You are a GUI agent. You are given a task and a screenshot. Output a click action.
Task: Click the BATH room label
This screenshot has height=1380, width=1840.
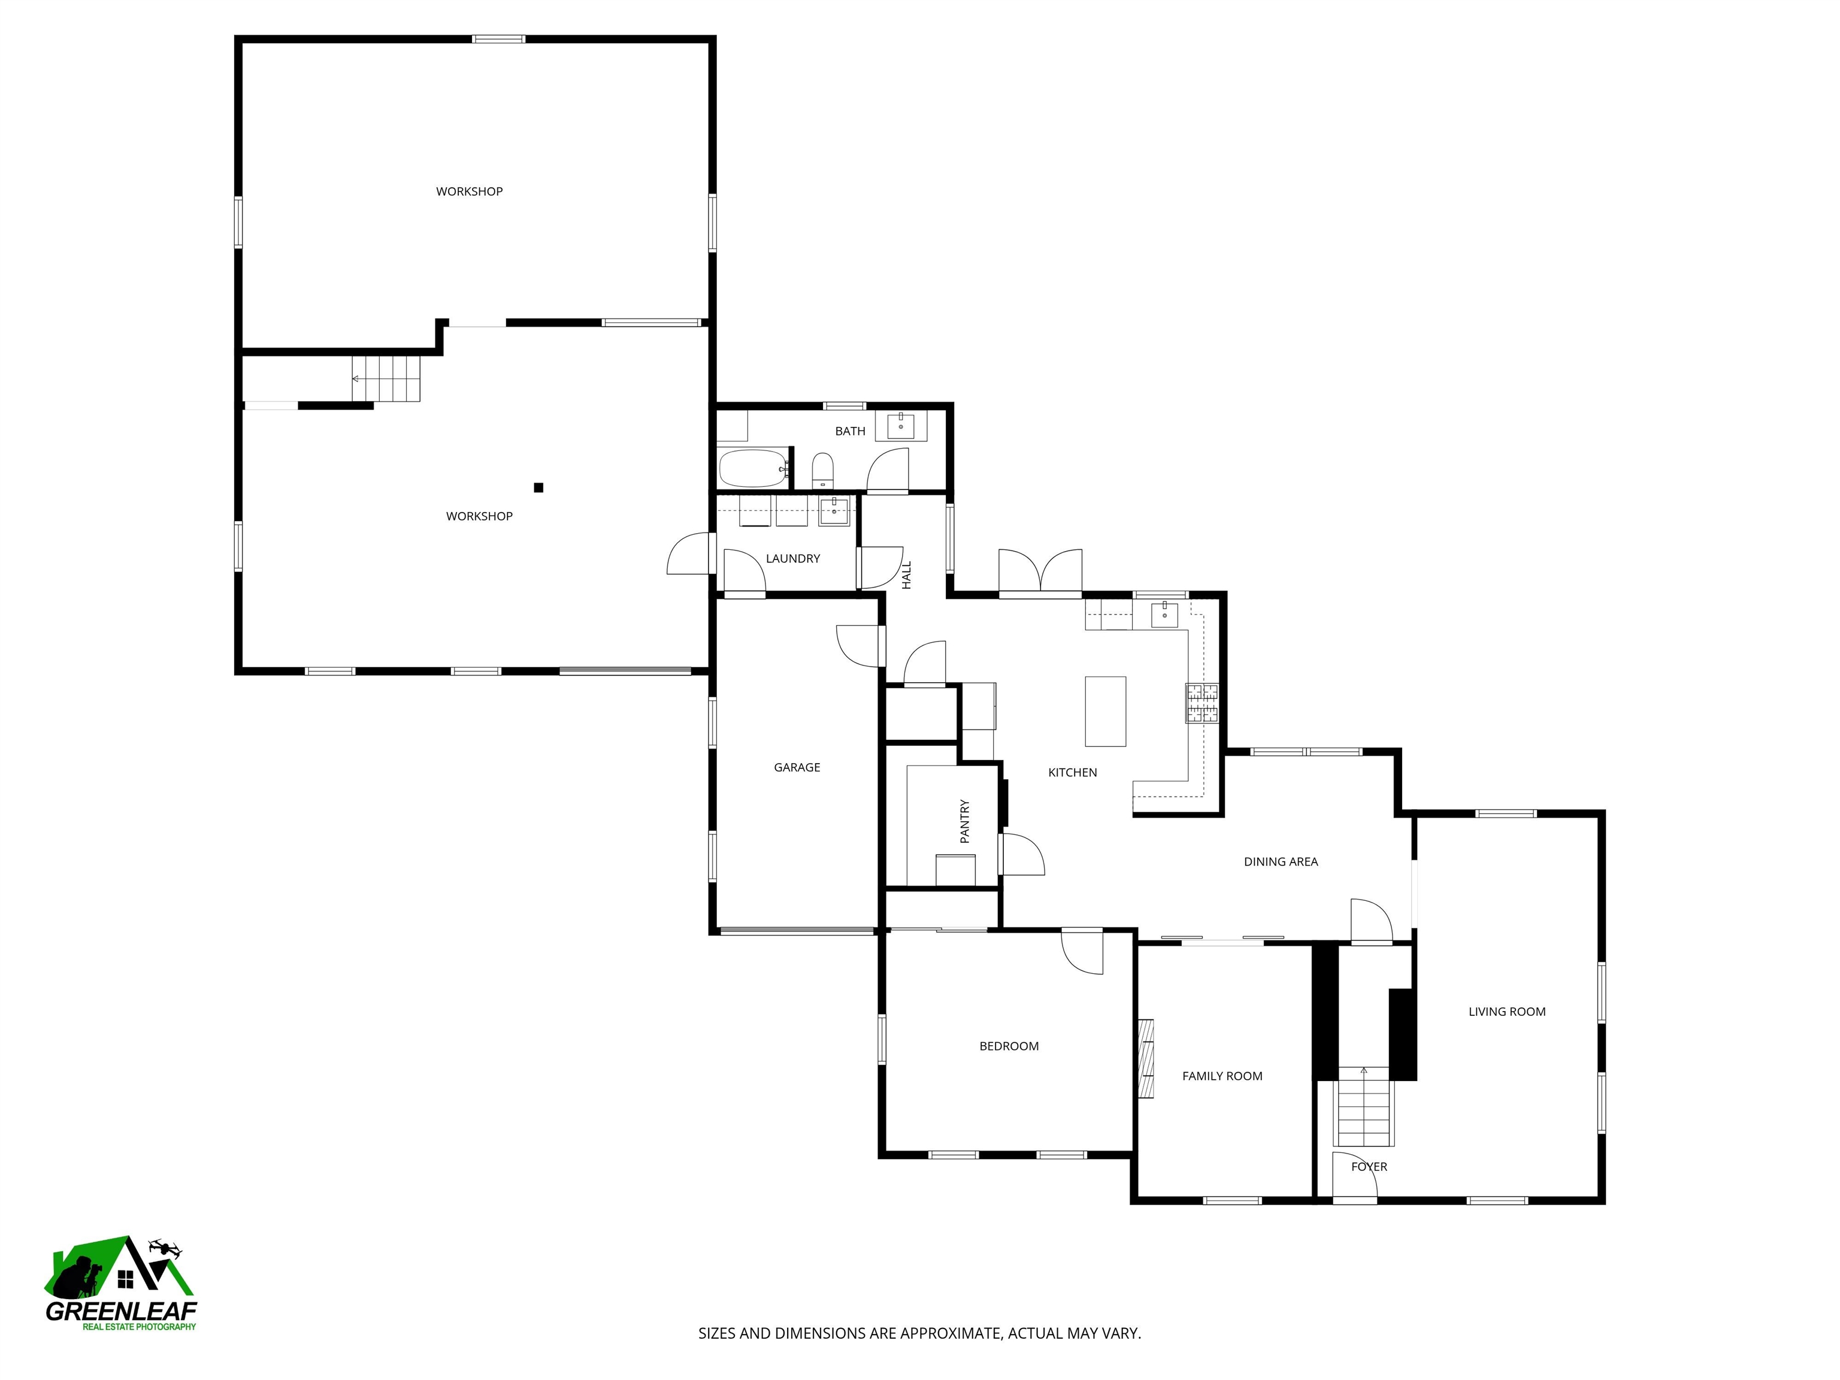(x=850, y=431)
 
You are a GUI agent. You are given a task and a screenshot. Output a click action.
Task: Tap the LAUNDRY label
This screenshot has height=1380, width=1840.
(x=793, y=558)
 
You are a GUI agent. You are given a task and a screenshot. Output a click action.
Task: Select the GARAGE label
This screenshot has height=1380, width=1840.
(x=797, y=767)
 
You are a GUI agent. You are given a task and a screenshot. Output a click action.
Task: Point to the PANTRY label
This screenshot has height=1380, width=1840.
(x=965, y=821)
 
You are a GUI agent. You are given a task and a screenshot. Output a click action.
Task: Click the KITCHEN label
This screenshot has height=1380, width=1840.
(x=1072, y=772)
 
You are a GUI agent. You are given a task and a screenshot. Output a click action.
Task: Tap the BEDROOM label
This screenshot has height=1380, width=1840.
(x=1009, y=1046)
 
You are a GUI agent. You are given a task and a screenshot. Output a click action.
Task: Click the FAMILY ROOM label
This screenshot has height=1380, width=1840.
(x=1222, y=1076)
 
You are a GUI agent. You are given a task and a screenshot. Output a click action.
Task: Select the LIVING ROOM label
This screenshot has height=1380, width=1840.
(x=1506, y=1012)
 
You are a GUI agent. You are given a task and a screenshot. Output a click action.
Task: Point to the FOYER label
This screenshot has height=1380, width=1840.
(x=1369, y=1166)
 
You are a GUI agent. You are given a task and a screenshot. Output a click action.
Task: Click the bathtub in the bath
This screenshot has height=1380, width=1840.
(x=753, y=469)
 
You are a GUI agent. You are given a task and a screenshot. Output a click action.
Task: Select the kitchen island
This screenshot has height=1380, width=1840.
(x=1106, y=711)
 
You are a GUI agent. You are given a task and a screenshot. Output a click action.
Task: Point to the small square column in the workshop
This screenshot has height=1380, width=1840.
(x=538, y=488)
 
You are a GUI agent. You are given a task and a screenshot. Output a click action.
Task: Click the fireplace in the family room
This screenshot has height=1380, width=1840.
(x=1146, y=1059)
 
